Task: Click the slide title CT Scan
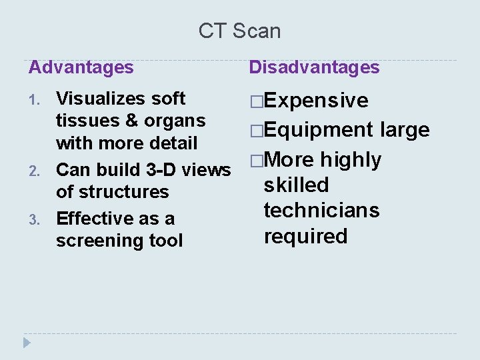[239, 31]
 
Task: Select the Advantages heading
[81, 67]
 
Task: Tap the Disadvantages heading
[314, 67]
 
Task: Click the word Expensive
[316, 101]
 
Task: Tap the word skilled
[296, 185]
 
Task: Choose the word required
[305, 236]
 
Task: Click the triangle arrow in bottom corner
[27, 343]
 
